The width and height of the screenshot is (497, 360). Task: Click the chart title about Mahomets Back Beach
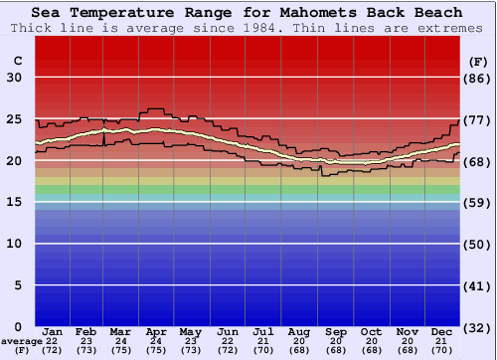(x=247, y=13)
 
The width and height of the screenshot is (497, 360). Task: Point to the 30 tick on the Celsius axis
(x=15, y=78)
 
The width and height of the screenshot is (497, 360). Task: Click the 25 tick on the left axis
(x=15, y=119)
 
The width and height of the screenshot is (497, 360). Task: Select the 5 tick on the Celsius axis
(x=19, y=285)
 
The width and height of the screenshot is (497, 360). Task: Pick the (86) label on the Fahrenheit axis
(x=478, y=78)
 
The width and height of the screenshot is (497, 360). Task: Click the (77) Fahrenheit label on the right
(x=478, y=119)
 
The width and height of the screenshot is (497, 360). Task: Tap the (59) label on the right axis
(x=478, y=203)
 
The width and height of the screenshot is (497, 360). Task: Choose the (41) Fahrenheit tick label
(x=478, y=285)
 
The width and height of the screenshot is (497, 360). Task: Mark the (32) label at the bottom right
(x=478, y=327)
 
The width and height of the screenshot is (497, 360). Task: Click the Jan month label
(x=54, y=331)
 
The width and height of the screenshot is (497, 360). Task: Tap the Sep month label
(x=335, y=331)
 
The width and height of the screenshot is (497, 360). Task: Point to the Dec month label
(x=443, y=331)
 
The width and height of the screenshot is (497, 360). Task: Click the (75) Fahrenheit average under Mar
(x=120, y=350)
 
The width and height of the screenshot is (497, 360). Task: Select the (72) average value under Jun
(x=228, y=350)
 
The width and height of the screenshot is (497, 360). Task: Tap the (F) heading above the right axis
(x=478, y=61)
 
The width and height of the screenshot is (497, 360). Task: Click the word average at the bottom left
(x=21, y=341)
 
